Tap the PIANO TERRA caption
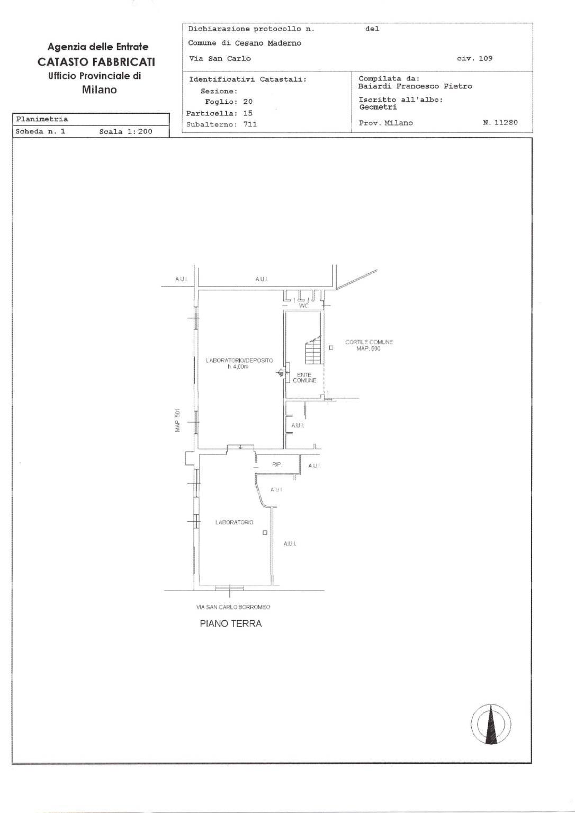tap(231, 623)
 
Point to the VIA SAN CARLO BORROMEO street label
tap(233, 607)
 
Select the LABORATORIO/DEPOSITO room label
tap(239, 360)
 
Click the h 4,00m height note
tap(238, 367)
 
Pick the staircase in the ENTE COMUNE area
tap(313, 350)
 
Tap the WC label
tap(303, 306)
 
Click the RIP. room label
tap(277, 464)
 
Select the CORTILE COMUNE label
tap(369, 342)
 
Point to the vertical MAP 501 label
tap(178, 421)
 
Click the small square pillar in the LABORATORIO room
tap(265, 533)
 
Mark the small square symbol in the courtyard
tap(331, 347)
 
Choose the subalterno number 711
tap(250, 124)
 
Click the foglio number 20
tap(248, 102)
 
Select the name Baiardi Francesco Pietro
tap(415, 86)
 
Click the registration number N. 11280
tap(500, 122)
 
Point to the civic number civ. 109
tap(474, 58)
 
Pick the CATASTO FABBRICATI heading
tap(96, 62)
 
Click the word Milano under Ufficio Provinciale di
tap(100, 90)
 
